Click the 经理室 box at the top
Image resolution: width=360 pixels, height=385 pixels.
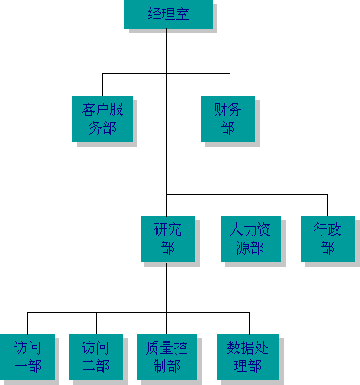pos(169,14)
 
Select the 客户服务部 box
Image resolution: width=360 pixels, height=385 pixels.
pos(103,118)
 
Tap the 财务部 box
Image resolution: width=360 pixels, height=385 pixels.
pos(228,118)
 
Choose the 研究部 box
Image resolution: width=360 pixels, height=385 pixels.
pos(168,238)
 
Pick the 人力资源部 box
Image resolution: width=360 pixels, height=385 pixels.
pos(250,238)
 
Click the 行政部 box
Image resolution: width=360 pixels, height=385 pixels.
pos(328,238)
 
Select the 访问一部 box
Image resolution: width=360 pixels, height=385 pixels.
pos(27,356)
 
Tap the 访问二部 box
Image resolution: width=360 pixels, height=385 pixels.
pos(96,356)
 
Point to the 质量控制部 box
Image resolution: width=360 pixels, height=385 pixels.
pos(167,356)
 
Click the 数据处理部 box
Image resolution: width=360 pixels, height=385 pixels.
pos(248,356)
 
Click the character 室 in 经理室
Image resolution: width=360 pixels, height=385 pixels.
pos(183,14)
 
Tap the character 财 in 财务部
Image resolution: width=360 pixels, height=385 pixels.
pos(221,110)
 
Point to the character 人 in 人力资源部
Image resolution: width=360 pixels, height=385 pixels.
pos(237,229)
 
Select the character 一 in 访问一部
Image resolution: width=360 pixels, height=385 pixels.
pos(21,366)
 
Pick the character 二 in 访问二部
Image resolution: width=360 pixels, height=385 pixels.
pos(89,366)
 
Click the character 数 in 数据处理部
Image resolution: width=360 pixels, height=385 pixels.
pos(234,348)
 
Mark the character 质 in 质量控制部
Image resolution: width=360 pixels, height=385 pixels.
pos(152,348)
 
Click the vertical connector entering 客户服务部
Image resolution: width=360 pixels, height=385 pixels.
pos(102,84)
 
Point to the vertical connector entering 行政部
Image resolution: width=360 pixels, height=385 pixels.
pos(328,205)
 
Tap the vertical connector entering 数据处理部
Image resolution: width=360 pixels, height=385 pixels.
pos(249,323)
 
